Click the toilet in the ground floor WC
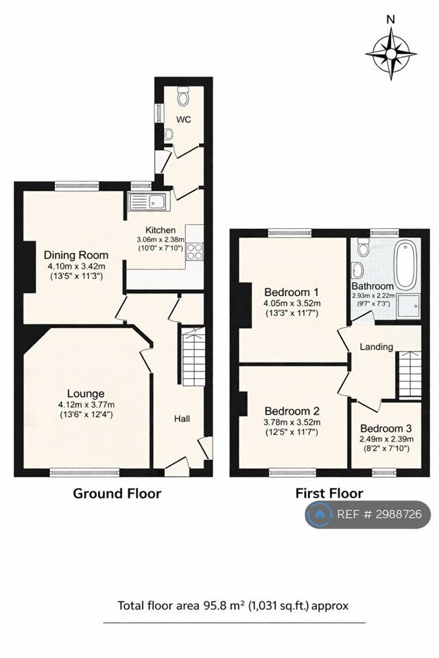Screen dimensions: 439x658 point(183,96)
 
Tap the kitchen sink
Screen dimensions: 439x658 point(148,202)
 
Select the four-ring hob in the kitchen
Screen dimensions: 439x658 point(195,252)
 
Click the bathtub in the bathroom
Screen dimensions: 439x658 point(406,265)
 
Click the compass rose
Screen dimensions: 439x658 point(391,53)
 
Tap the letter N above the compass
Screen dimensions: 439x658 point(391,19)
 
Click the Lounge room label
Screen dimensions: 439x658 point(86,393)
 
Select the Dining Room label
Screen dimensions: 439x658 point(76,255)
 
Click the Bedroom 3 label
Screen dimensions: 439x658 point(385,428)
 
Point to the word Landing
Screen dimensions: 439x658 point(377,347)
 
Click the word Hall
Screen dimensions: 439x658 point(182,418)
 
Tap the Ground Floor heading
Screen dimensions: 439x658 point(117,493)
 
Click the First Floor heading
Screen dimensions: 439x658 point(329,493)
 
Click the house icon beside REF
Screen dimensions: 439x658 point(319,514)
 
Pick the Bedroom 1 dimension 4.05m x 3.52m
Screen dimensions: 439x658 point(292,304)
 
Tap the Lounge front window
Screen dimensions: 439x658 point(84,472)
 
